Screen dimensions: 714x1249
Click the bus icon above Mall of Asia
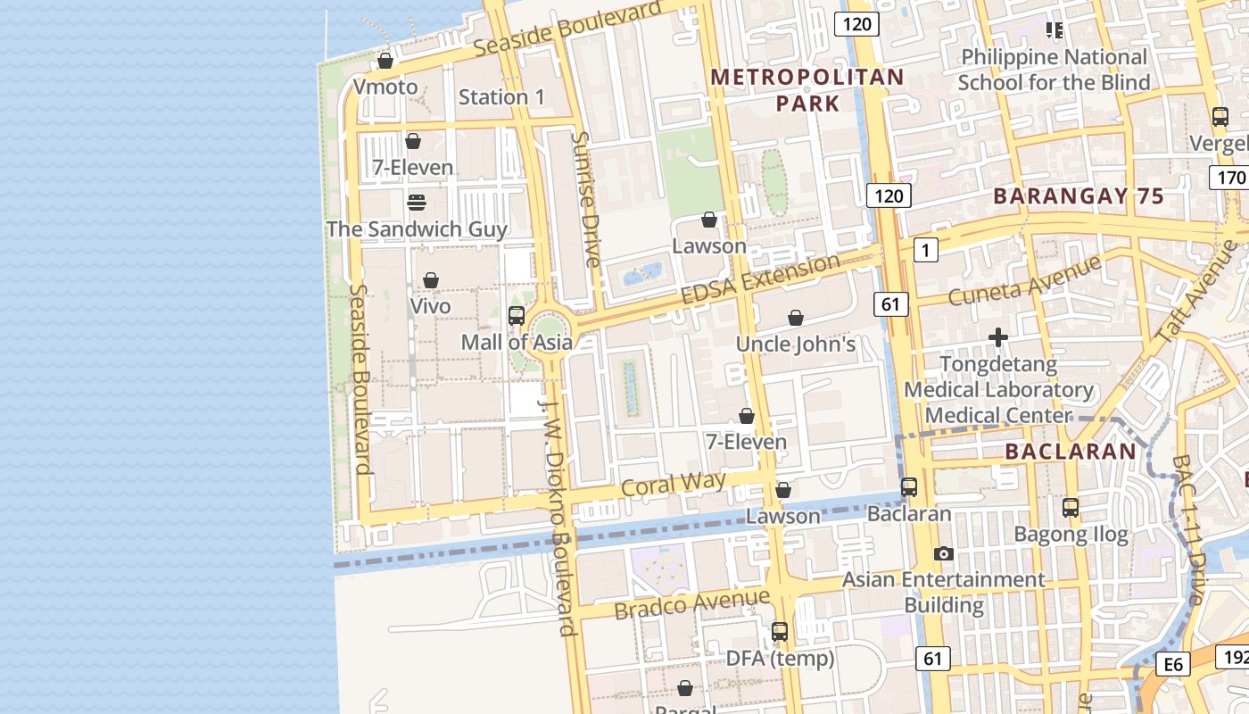[516, 315]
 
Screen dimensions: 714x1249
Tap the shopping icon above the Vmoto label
[385, 61]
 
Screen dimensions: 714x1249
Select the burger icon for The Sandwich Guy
[416, 203]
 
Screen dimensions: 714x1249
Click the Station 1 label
[500, 96]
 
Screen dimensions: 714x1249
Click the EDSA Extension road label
[760, 279]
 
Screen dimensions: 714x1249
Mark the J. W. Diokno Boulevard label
[558, 516]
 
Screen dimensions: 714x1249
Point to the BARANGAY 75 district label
[1079, 196]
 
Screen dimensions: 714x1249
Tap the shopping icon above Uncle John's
[796, 318]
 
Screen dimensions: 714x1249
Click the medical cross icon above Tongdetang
[998, 337]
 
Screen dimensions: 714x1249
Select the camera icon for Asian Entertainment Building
[943, 553]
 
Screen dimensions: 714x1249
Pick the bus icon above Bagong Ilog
[1071, 508]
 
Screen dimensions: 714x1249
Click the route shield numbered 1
[926, 251]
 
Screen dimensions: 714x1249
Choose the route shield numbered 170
[1230, 178]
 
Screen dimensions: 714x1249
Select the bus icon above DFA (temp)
[780, 632]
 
